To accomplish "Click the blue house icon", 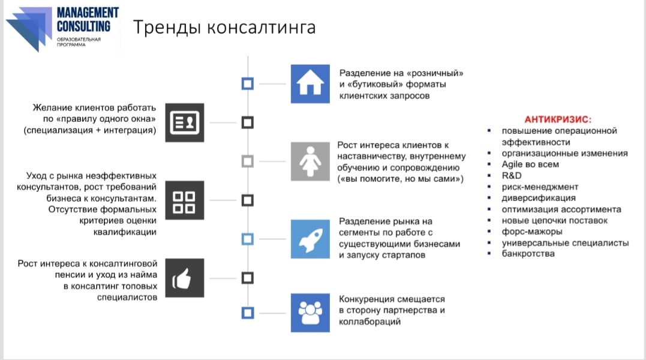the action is pos(310,83).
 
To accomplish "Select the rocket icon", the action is pos(310,239).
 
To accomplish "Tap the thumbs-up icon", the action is pos(185,278).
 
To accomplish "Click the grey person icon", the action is pos(310,161).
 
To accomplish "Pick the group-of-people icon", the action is pos(310,313).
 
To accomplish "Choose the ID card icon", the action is pos(185,123).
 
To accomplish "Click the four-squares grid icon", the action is pos(185,200).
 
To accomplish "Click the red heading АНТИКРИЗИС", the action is pos(558,119).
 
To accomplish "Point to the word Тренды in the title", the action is pos(167,28).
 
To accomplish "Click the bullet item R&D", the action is pos(511,175).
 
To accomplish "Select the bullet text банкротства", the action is pos(528,254).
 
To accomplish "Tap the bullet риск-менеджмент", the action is pos(540,187).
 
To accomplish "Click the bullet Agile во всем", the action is pos(530,164).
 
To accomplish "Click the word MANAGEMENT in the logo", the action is pos(88,13).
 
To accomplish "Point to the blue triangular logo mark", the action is pos(29,29).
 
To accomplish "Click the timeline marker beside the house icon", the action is pos(247,83).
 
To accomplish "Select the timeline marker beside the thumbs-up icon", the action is pos(247,278).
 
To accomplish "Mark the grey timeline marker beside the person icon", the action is pos(247,161).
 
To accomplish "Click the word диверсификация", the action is pos(539,198).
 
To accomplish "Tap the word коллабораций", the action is pos(369,322).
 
